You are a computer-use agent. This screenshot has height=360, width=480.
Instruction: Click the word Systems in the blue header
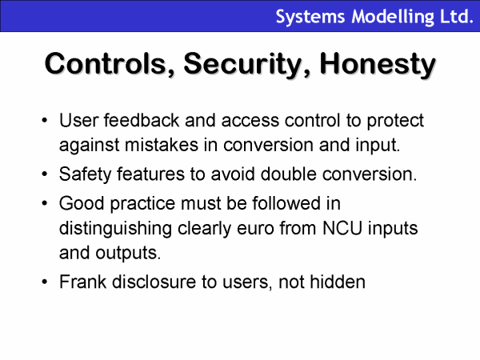coord(310,17)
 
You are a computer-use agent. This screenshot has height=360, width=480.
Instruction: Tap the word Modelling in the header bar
coord(393,17)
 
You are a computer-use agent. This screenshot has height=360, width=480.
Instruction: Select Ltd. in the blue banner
coord(457,16)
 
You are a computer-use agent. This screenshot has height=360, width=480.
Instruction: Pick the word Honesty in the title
coord(378,65)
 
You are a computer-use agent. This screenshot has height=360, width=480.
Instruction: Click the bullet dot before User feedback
coord(45,120)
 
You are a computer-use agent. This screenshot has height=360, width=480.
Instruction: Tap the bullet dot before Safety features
coord(45,174)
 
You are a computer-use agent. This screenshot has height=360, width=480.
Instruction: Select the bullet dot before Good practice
coord(45,203)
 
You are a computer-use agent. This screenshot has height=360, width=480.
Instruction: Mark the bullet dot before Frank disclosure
coord(45,282)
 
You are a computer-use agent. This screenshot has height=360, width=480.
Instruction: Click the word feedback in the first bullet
coord(142,120)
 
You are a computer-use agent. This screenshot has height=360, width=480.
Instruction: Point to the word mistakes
coord(162,145)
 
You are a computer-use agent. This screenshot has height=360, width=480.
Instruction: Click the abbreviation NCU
coord(342,228)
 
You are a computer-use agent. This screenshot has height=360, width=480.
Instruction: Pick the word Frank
coord(82,282)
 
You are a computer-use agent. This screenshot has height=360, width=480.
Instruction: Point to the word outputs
coord(128,254)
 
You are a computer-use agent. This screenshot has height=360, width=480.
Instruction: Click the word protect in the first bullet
coord(395,121)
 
